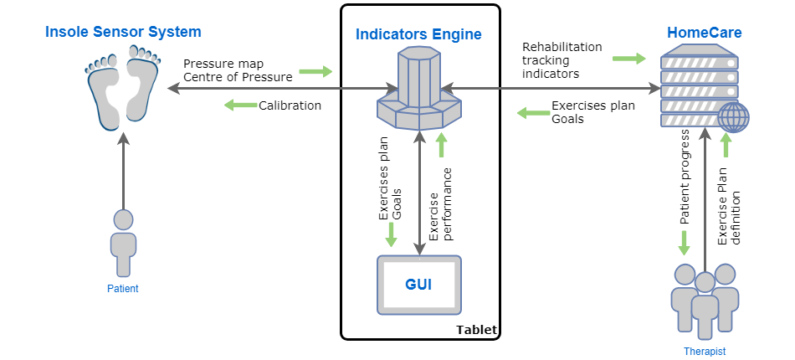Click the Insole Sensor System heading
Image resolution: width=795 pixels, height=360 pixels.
click(x=123, y=33)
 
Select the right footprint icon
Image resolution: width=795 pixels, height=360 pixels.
click(x=141, y=84)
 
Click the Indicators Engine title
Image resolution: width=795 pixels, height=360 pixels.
click(x=418, y=34)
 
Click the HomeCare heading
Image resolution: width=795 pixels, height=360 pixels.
click(x=704, y=33)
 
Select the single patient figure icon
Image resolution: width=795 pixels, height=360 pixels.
click(x=123, y=242)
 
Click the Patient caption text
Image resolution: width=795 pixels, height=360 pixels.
click(x=123, y=289)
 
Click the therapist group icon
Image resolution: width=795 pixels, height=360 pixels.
click(x=705, y=301)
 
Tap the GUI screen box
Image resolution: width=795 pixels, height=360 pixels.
click(x=418, y=284)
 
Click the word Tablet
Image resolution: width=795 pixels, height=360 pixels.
click(x=476, y=330)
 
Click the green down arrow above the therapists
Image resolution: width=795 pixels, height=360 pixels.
click(x=684, y=243)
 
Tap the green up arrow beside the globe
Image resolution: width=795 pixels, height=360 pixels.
click(x=726, y=146)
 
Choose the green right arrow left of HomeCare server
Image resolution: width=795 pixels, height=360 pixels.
click(x=629, y=59)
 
